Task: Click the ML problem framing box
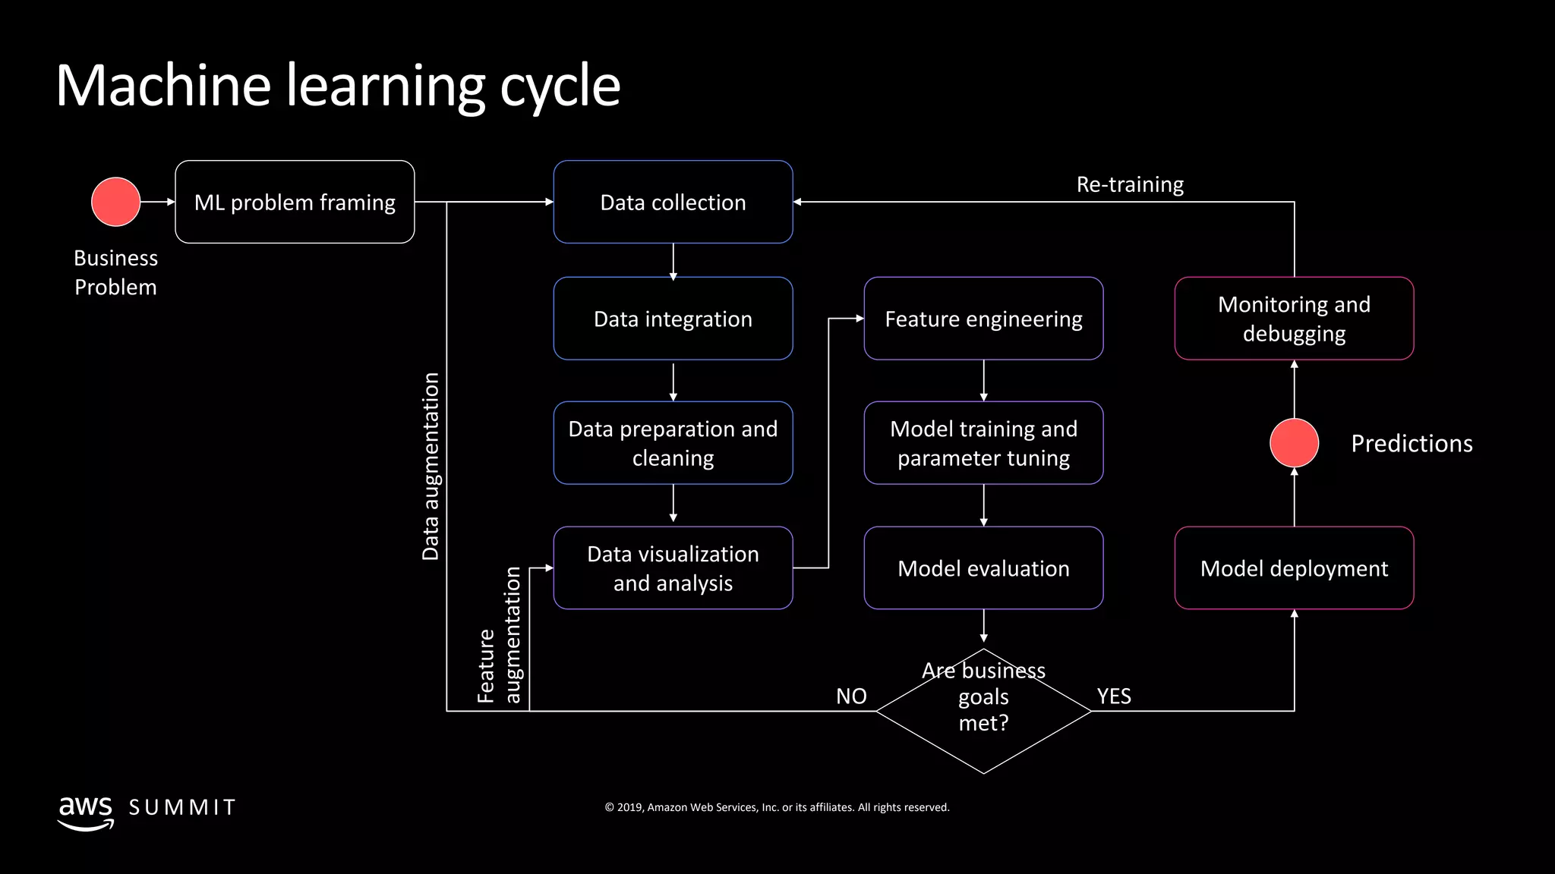295,202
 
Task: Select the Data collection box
673,202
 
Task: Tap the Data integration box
673,319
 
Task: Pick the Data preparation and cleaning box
673,443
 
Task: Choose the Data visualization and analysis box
673,567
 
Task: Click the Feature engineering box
983,319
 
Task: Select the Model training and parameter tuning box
983,443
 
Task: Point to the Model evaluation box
983,567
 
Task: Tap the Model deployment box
1294,567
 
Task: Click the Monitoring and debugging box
1294,319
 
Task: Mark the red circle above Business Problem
115,202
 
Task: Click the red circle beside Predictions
1294,443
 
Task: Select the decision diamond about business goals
983,711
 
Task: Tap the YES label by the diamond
1114,696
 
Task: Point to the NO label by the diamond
851,696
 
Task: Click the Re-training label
1130,184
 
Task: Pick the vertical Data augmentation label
431,467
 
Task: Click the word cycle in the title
560,85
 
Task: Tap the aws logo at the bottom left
86,812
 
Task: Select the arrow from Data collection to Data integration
673,261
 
